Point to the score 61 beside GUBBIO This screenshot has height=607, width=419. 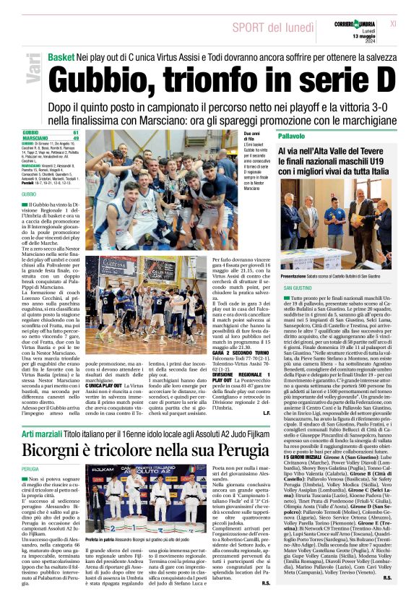(x=76, y=134)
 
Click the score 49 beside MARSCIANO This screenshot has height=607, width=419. (x=76, y=139)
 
